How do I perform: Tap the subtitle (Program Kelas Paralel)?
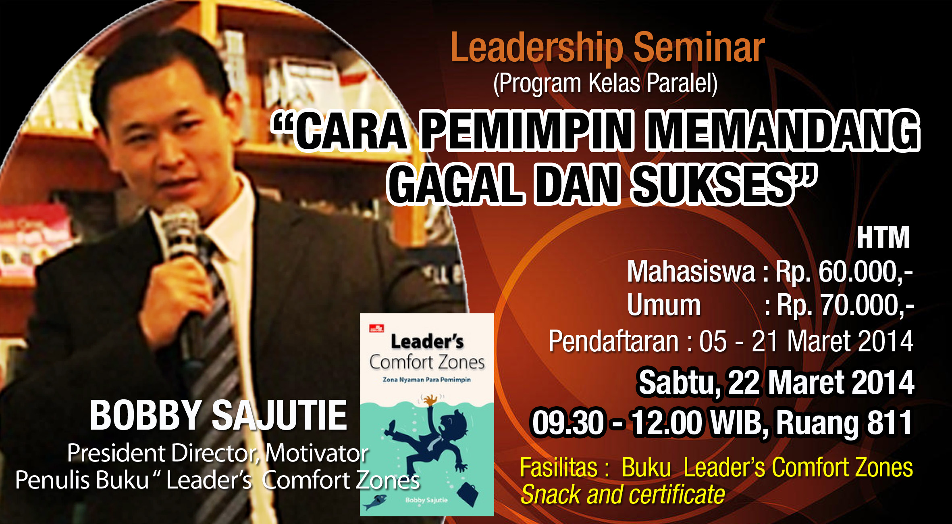[605, 84]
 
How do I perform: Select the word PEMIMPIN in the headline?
[526, 131]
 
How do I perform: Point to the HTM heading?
[883, 238]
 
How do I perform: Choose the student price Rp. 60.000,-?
[844, 271]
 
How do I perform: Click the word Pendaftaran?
[614, 341]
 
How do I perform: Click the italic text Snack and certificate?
[623, 495]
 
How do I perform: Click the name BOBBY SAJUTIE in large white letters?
[218, 415]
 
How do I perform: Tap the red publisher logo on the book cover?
[376, 328]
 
